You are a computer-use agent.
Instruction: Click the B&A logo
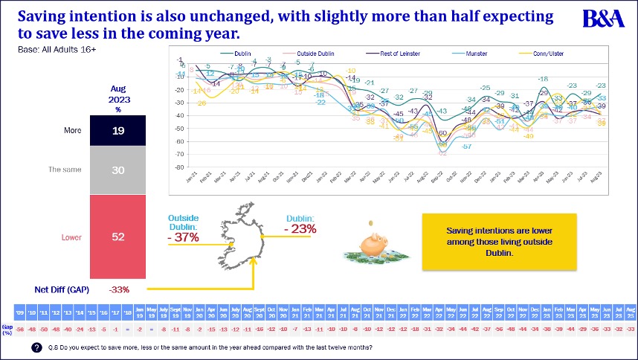[x=604, y=19]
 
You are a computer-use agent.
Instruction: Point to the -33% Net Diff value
[x=120, y=289]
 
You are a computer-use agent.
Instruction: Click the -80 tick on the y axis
[x=179, y=167]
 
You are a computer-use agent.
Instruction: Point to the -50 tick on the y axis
[x=179, y=129]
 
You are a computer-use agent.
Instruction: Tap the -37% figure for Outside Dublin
[x=184, y=237]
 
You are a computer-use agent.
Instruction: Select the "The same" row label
[x=65, y=170]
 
